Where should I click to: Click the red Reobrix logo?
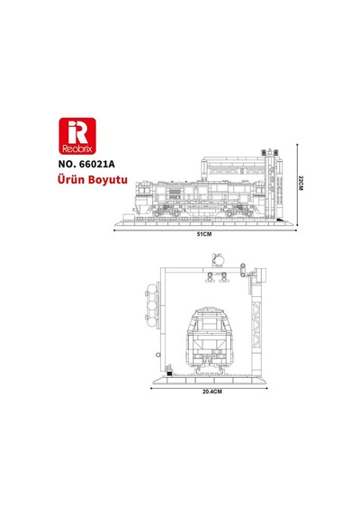(77, 136)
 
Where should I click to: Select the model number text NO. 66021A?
(86, 164)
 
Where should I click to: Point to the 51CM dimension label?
(204, 234)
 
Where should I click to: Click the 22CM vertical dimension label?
(301, 183)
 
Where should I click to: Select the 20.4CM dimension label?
(211, 391)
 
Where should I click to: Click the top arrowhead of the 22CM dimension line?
(297, 144)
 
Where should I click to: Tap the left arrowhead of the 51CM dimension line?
(115, 230)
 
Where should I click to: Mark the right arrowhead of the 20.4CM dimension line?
(266, 388)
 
